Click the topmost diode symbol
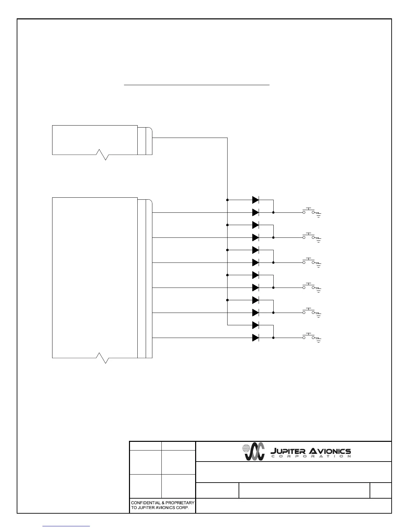pos(256,200)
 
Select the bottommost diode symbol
pos(256,338)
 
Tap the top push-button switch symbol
pos(308,211)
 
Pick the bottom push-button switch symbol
pos(308,336)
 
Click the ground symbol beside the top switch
pos(318,215)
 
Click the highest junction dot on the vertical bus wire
pos(228,200)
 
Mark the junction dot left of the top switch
pos(273,212)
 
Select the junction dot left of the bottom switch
pos(273,338)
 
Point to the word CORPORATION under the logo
pos(310,456)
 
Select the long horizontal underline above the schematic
pos(196,85)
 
